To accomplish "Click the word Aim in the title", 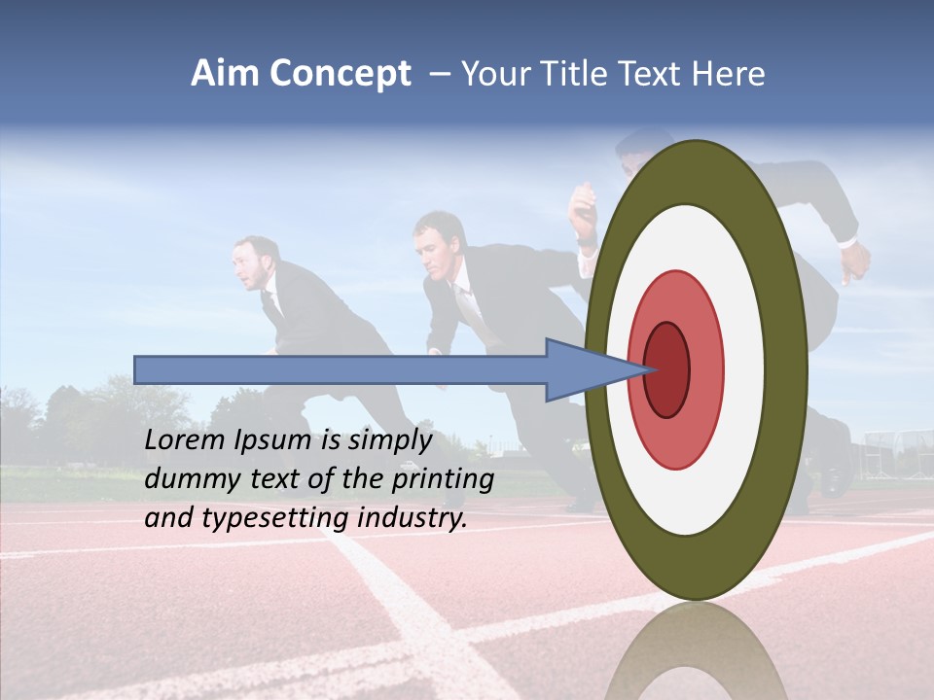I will (x=226, y=74).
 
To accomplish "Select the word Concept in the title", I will (x=340, y=74).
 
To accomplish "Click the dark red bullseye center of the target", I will (x=666, y=369).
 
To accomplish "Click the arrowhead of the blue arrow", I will (x=584, y=369).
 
